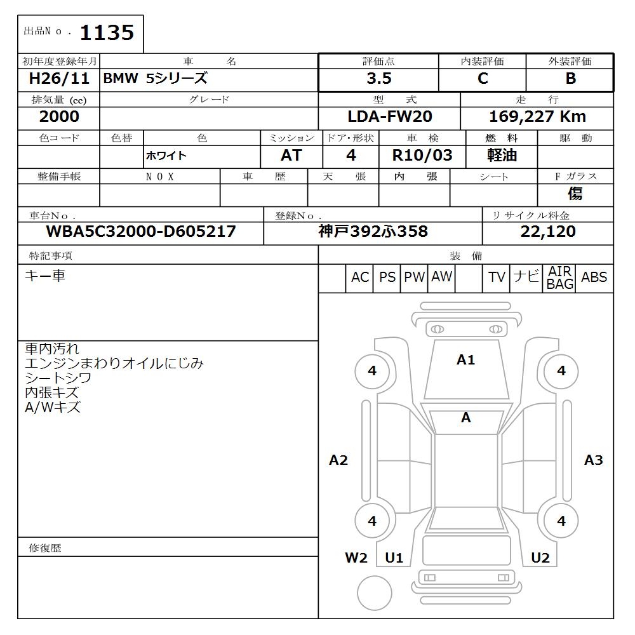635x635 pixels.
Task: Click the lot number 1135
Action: click(107, 32)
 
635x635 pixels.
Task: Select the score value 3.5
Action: click(378, 79)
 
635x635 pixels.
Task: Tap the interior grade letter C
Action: click(483, 79)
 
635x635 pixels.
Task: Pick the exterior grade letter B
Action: click(570, 79)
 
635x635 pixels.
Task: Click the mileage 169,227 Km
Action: click(537, 117)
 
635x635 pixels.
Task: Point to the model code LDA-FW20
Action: click(389, 117)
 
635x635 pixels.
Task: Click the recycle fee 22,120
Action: click(547, 232)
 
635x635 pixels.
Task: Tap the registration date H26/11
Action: click(60, 79)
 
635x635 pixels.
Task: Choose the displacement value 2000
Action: click(59, 117)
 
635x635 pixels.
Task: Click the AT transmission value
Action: click(291, 156)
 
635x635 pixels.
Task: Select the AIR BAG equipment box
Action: click(560, 278)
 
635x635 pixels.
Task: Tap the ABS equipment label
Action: click(594, 277)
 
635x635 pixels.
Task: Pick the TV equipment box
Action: click(497, 277)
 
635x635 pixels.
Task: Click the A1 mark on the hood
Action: click(465, 360)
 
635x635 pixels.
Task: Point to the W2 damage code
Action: click(356, 558)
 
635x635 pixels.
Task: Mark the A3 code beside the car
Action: click(593, 460)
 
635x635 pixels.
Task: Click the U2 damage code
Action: click(540, 558)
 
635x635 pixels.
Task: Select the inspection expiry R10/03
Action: click(424, 156)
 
